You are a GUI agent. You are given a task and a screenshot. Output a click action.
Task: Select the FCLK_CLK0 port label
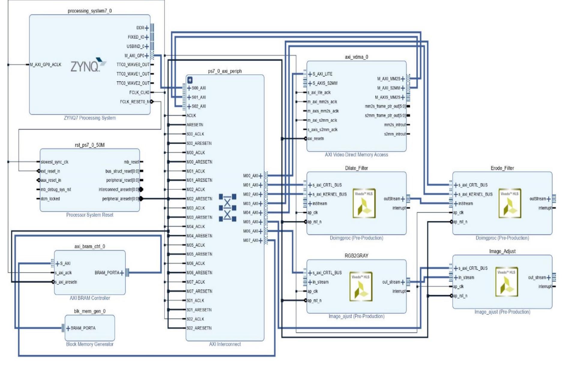pos(139,93)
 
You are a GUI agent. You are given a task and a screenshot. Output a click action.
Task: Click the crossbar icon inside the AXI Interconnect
pos(227,208)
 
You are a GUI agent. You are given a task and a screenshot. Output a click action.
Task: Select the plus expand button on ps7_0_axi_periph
pos(190,80)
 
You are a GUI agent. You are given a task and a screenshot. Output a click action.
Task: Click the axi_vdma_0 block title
pos(356,57)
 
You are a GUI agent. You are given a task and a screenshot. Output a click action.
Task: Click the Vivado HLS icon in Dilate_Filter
pos(364,204)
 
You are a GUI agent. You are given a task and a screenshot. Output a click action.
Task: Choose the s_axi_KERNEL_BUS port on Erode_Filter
pos(475,194)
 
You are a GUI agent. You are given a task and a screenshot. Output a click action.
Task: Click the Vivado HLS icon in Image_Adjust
pos(507,281)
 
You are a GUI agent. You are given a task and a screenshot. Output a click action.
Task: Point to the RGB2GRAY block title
pos(356,256)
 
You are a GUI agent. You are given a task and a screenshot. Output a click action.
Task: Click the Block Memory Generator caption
pos(89,344)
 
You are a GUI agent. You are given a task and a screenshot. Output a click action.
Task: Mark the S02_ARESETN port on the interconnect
pos(199,328)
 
